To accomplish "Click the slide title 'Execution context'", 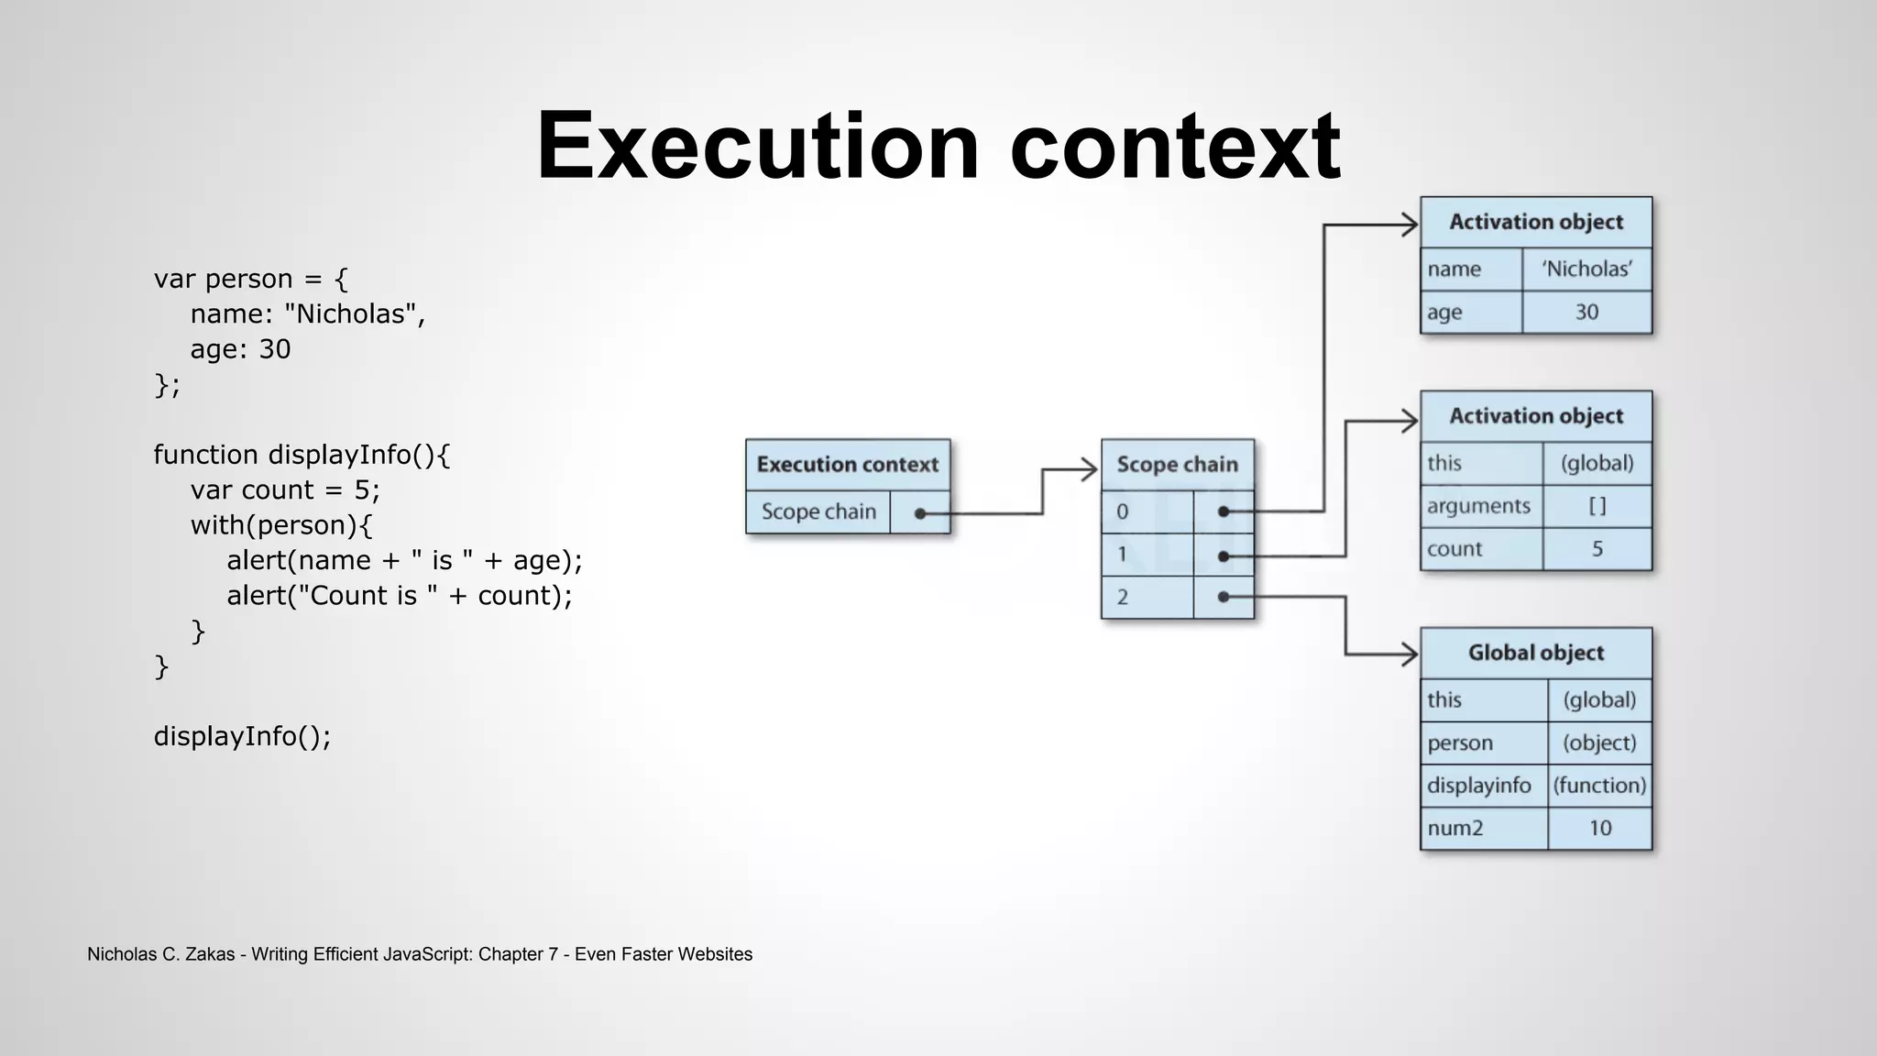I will point(938,147).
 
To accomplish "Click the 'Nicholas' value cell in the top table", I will point(1586,269).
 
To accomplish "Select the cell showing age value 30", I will point(1586,313).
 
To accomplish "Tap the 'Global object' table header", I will point(1536,653).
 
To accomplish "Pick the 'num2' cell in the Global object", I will point(1483,829).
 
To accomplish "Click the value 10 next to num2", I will point(1599,829).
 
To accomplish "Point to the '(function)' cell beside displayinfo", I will point(1599,786).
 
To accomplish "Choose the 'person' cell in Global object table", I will point(1483,743).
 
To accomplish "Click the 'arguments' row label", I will point(1479,506).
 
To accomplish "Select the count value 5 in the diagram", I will point(1597,549).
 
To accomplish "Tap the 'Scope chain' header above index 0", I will point(1177,465).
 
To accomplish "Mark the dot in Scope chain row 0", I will point(1224,511).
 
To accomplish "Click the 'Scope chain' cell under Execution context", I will point(818,511).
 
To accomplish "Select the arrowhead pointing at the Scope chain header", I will point(1089,470).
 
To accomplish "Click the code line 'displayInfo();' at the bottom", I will point(242,736).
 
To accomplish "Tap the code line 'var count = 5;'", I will point(285,490).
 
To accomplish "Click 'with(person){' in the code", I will point(281,525).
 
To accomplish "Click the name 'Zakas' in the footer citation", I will point(210,954).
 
